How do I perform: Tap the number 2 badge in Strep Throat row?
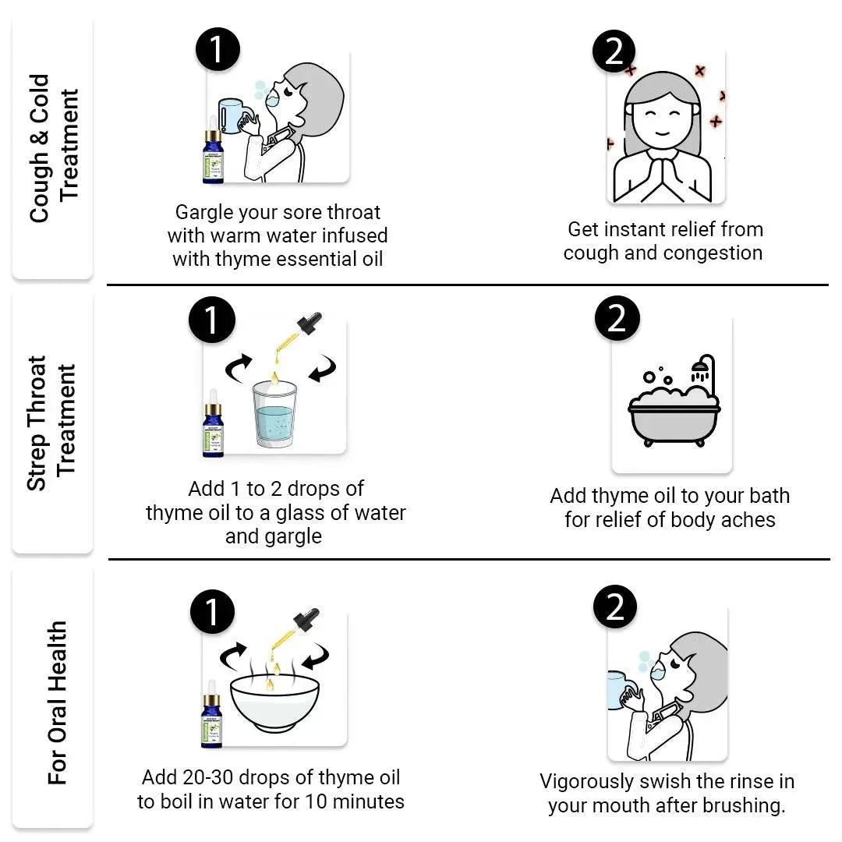click(617, 319)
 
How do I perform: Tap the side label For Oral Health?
click(58, 702)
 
